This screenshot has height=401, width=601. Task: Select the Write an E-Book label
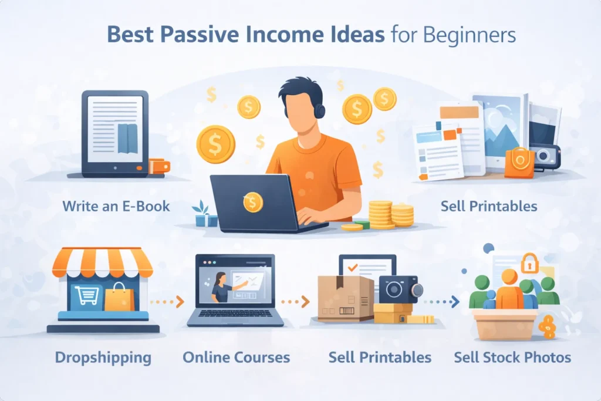[x=116, y=206]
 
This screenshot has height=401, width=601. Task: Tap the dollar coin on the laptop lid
[x=252, y=203]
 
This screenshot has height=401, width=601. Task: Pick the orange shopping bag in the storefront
[x=119, y=298]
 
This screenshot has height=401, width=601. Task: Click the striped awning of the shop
[x=102, y=262]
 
